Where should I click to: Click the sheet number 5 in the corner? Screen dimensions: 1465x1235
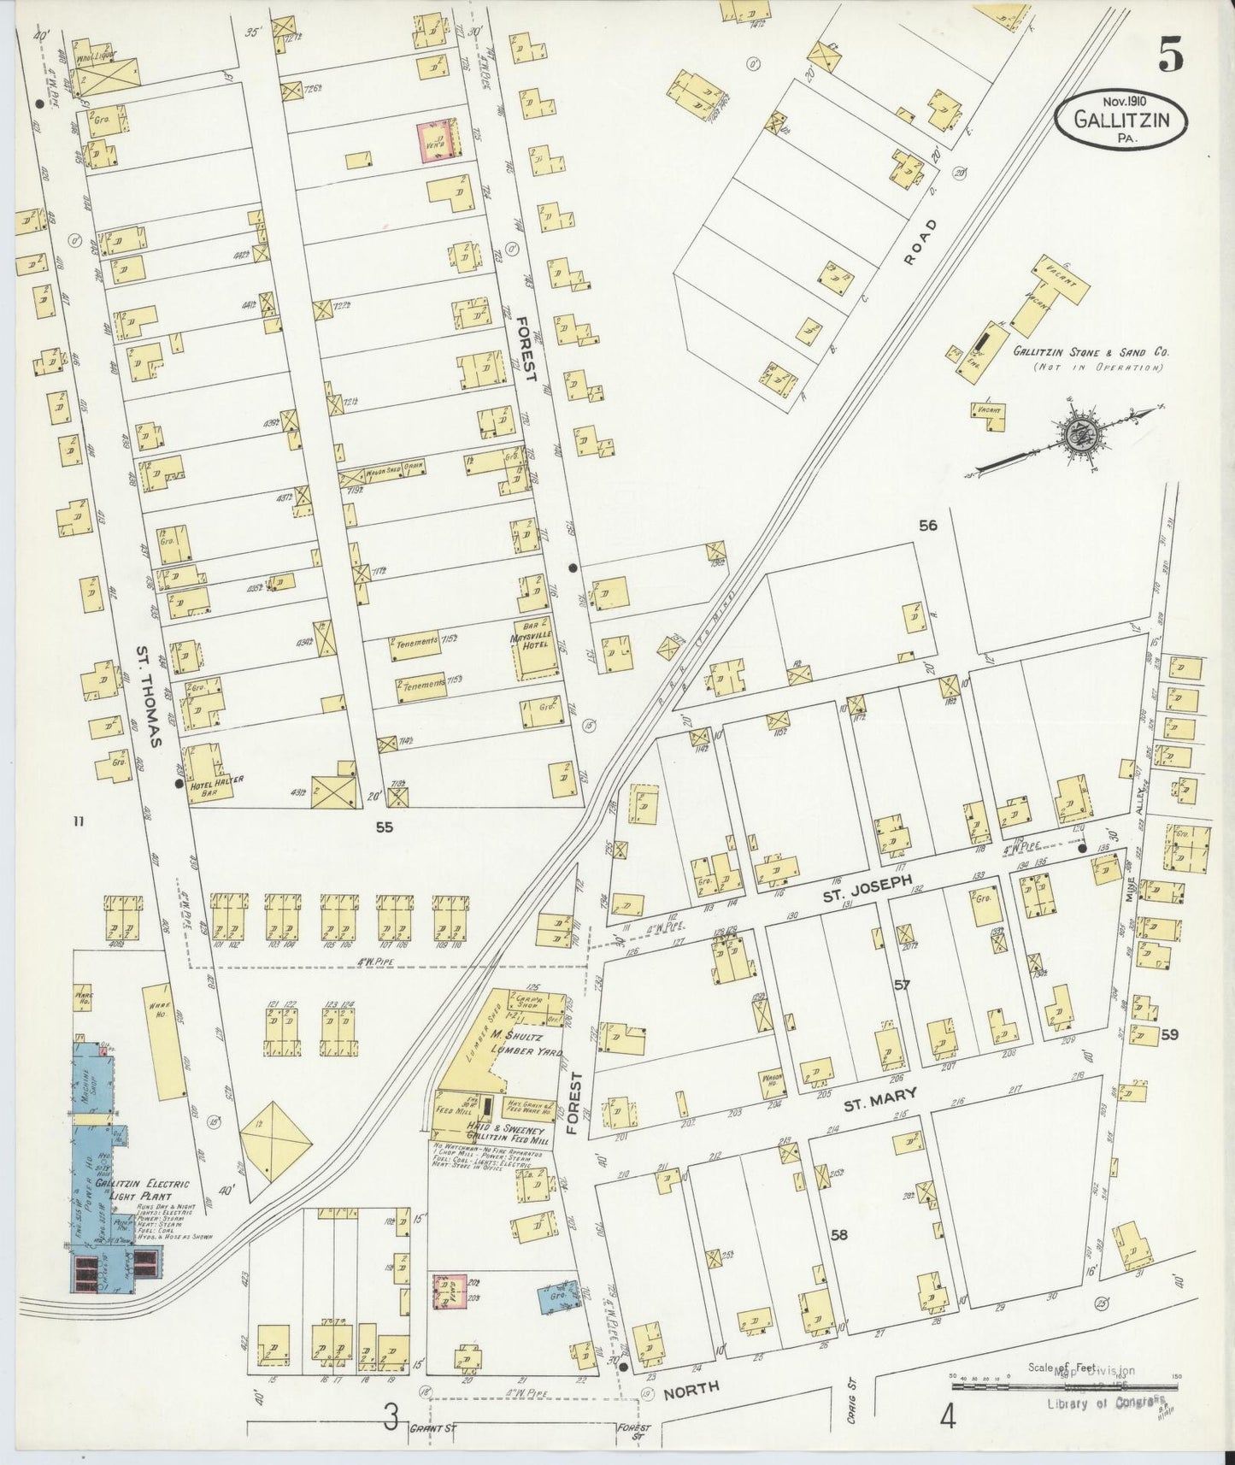1171,57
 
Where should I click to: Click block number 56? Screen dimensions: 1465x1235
927,525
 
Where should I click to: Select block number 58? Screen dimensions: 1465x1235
839,1235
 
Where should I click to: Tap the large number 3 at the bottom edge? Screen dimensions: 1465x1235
390,1419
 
